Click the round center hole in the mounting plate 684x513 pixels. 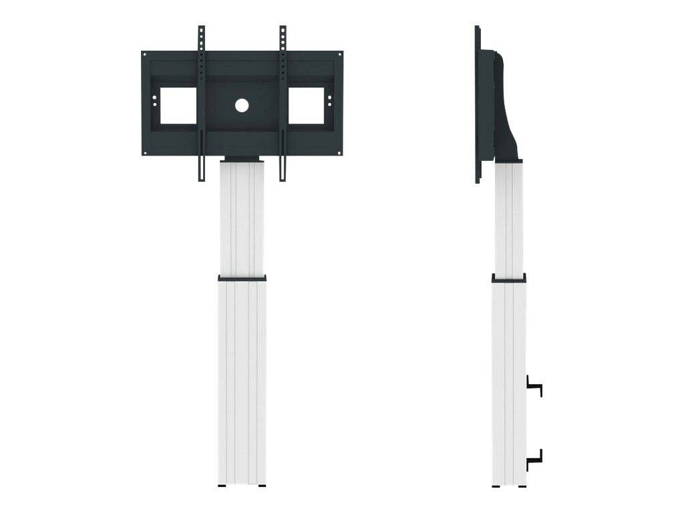pyautogui.click(x=242, y=105)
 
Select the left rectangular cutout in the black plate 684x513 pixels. pyautogui.click(x=178, y=106)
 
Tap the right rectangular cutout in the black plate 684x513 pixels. pyautogui.click(x=305, y=106)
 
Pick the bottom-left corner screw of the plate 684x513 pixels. pyautogui.click(x=145, y=153)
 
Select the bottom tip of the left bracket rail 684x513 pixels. pyautogui.click(x=201, y=179)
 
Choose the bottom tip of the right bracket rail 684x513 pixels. pyautogui.click(x=283, y=179)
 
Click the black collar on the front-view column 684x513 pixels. pyautogui.click(x=242, y=277)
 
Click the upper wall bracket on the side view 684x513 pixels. pyautogui.click(x=534, y=386)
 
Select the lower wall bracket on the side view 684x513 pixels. pyautogui.click(x=534, y=459)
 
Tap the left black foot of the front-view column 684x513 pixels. pyautogui.click(x=222, y=486)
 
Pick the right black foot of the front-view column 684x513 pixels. pyautogui.click(x=261, y=486)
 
